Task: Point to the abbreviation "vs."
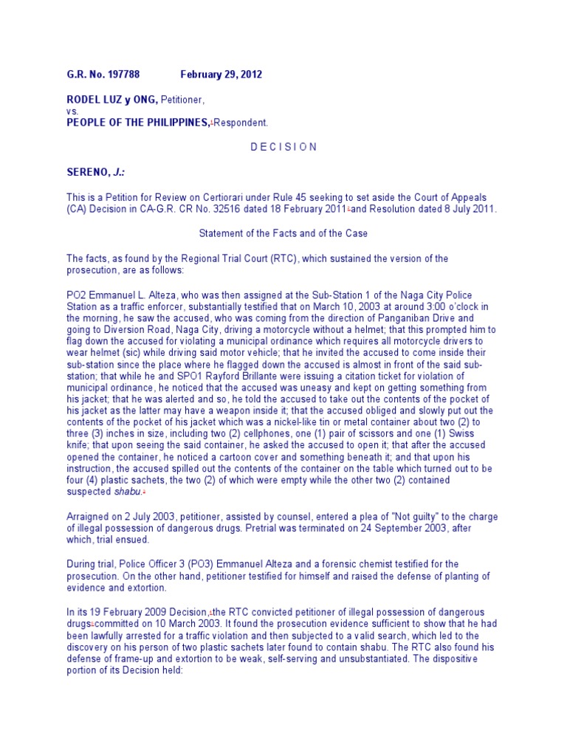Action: click(72, 111)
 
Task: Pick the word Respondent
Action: click(241, 123)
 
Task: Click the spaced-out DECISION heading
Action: click(283, 147)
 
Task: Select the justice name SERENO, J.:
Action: click(95, 171)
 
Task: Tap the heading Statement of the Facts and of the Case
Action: click(283, 233)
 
